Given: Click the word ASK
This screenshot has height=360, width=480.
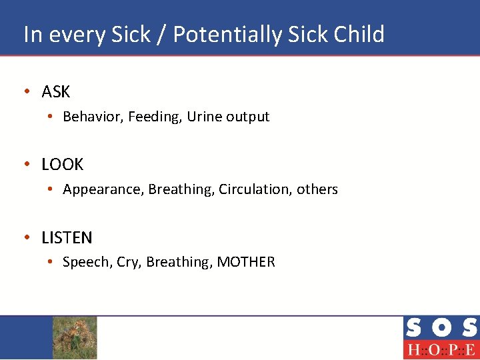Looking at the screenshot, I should click(x=55, y=91).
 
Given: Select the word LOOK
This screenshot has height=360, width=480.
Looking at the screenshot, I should click(x=62, y=164).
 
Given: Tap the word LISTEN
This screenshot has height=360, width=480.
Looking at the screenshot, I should click(x=67, y=237).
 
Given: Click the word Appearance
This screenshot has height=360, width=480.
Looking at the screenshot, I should click(x=103, y=190).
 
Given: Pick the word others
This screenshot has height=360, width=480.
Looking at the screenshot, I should click(x=317, y=189).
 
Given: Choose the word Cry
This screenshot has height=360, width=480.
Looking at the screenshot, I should click(x=127, y=263).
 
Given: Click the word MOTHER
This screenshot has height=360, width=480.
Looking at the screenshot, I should click(x=246, y=262).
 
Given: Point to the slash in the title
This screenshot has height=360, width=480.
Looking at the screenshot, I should click(x=162, y=35).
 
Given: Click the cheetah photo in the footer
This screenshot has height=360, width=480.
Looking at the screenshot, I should click(x=75, y=337).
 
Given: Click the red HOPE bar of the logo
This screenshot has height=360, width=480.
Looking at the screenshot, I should click(x=441, y=350).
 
